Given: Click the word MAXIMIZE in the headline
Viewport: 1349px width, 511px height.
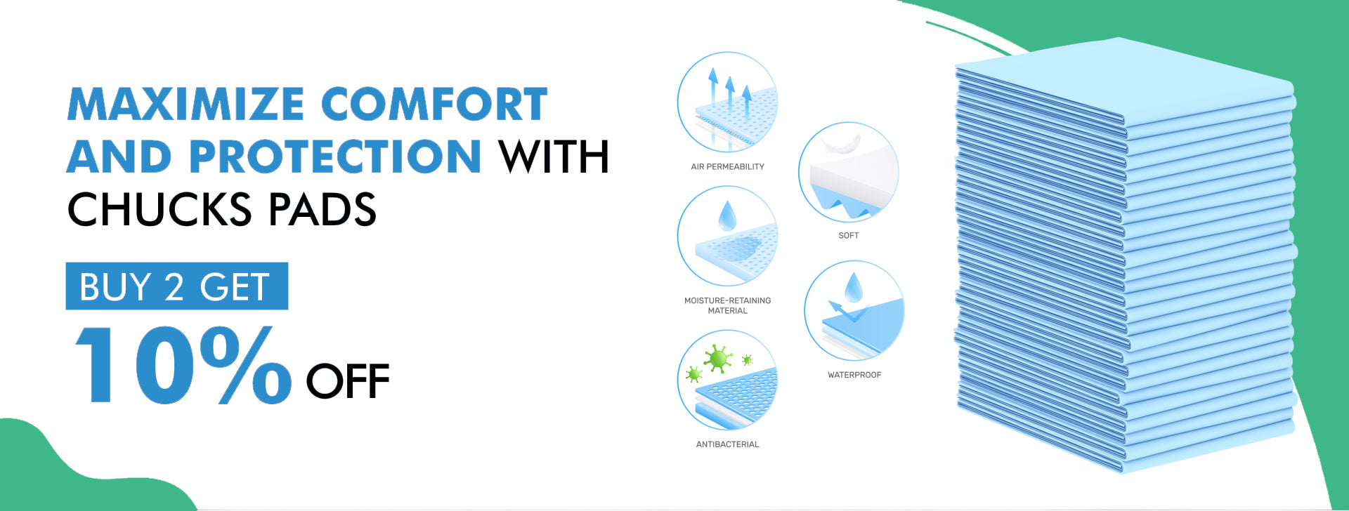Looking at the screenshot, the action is pyautogui.click(x=186, y=104).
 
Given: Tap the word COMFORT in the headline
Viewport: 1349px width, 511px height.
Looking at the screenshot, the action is pyautogui.click(x=434, y=104).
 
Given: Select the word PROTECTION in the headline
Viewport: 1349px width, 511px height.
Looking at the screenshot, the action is pyautogui.click(x=335, y=156).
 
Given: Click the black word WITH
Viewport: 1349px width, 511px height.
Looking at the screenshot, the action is pyautogui.click(x=554, y=156).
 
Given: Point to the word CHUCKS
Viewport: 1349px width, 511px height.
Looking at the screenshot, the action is pyautogui.click(x=159, y=209).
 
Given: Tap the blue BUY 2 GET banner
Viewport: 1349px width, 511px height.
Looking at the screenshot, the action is pyautogui.click(x=177, y=286).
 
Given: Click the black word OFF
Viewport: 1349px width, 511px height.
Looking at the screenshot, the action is pyautogui.click(x=348, y=381).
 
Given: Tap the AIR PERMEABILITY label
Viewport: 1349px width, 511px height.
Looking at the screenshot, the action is pyautogui.click(x=727, y=166).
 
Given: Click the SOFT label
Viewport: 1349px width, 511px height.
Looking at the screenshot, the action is pyautogui.click(x=849, y=235).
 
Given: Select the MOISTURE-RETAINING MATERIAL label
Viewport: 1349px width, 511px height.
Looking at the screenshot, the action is pyautogui.click(x=728, y=305).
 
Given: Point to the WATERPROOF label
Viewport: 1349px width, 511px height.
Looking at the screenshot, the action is pyautogui.click(x=854, y=375).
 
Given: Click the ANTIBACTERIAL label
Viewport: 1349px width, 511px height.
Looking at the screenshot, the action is pyautogui.click(x=727, y=444).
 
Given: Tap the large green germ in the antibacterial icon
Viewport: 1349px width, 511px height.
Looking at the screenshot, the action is pyautogui.click(x=717, y=359).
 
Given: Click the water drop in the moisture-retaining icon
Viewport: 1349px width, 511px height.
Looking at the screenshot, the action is pyautogui.click(x=727, y=216).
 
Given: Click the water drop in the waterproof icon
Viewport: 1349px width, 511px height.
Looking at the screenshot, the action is pyautogui.click(x=854, y=288).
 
